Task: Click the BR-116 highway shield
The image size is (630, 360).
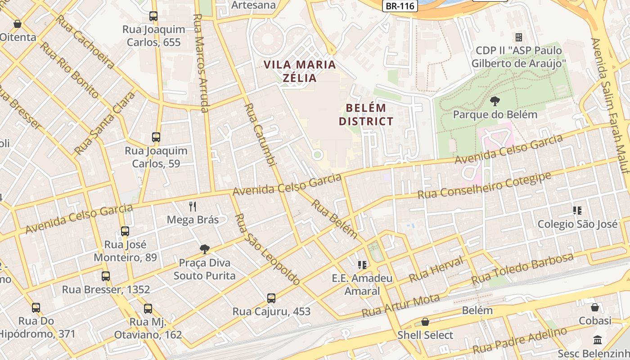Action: point(400,6)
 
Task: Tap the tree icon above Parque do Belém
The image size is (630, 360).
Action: point(495,101)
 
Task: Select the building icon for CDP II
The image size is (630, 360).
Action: point(518,37)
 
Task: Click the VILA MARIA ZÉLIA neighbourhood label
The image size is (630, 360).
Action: point(300,71)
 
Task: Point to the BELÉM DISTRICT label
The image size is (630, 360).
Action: point(366,115)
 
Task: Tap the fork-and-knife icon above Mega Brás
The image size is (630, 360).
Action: point(193,206)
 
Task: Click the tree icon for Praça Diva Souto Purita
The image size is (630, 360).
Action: point(205,249)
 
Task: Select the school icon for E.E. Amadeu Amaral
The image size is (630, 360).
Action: point(362,265)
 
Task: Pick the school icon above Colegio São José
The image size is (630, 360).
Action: point(577,210)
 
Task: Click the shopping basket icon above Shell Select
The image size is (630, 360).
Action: point(425,322)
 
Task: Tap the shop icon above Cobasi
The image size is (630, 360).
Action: point(594,307)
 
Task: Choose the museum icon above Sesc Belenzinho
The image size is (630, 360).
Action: point(598,340)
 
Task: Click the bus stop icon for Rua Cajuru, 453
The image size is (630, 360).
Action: point(271,298)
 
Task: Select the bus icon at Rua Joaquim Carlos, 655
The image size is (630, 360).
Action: point(153,16)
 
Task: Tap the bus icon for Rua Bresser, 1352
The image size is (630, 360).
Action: point(106,276)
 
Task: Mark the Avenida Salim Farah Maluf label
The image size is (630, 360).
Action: point(609,105)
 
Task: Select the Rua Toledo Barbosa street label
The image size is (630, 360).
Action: point(522,269)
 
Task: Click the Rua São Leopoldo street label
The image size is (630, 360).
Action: point(267,249)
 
